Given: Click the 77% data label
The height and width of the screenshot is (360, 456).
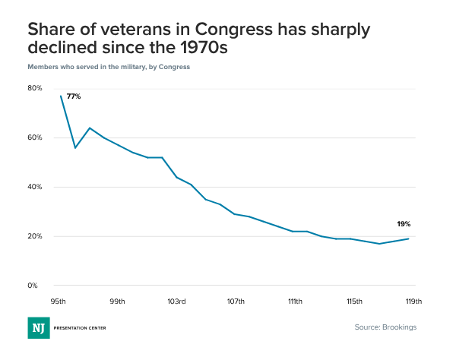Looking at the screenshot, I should click(74, 96).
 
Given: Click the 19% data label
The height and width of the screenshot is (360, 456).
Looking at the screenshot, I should click(404, 224).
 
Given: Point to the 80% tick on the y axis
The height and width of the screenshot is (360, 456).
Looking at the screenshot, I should click(35, 88).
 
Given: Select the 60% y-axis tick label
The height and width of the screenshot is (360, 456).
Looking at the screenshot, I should click(35, 137).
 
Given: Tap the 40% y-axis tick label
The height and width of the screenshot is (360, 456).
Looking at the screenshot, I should click(35, 187).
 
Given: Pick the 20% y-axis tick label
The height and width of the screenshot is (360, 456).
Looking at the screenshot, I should click(35, 236).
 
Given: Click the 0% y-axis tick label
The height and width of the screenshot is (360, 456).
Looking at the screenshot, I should click(33, 286).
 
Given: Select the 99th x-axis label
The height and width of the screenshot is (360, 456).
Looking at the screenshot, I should click(118, 302).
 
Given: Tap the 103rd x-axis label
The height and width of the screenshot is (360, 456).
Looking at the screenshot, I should click(176, 302).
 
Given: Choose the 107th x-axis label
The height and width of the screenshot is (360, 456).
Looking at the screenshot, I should click(236, 302).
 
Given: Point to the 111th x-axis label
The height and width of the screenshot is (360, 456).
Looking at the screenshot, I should click(294, 302).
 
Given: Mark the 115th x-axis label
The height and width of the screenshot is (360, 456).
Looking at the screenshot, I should click(353, 302).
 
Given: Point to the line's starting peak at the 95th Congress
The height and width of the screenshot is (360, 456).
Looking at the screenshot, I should click(61, 96).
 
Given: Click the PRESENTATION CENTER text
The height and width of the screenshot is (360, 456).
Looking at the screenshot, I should click(80, 328).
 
